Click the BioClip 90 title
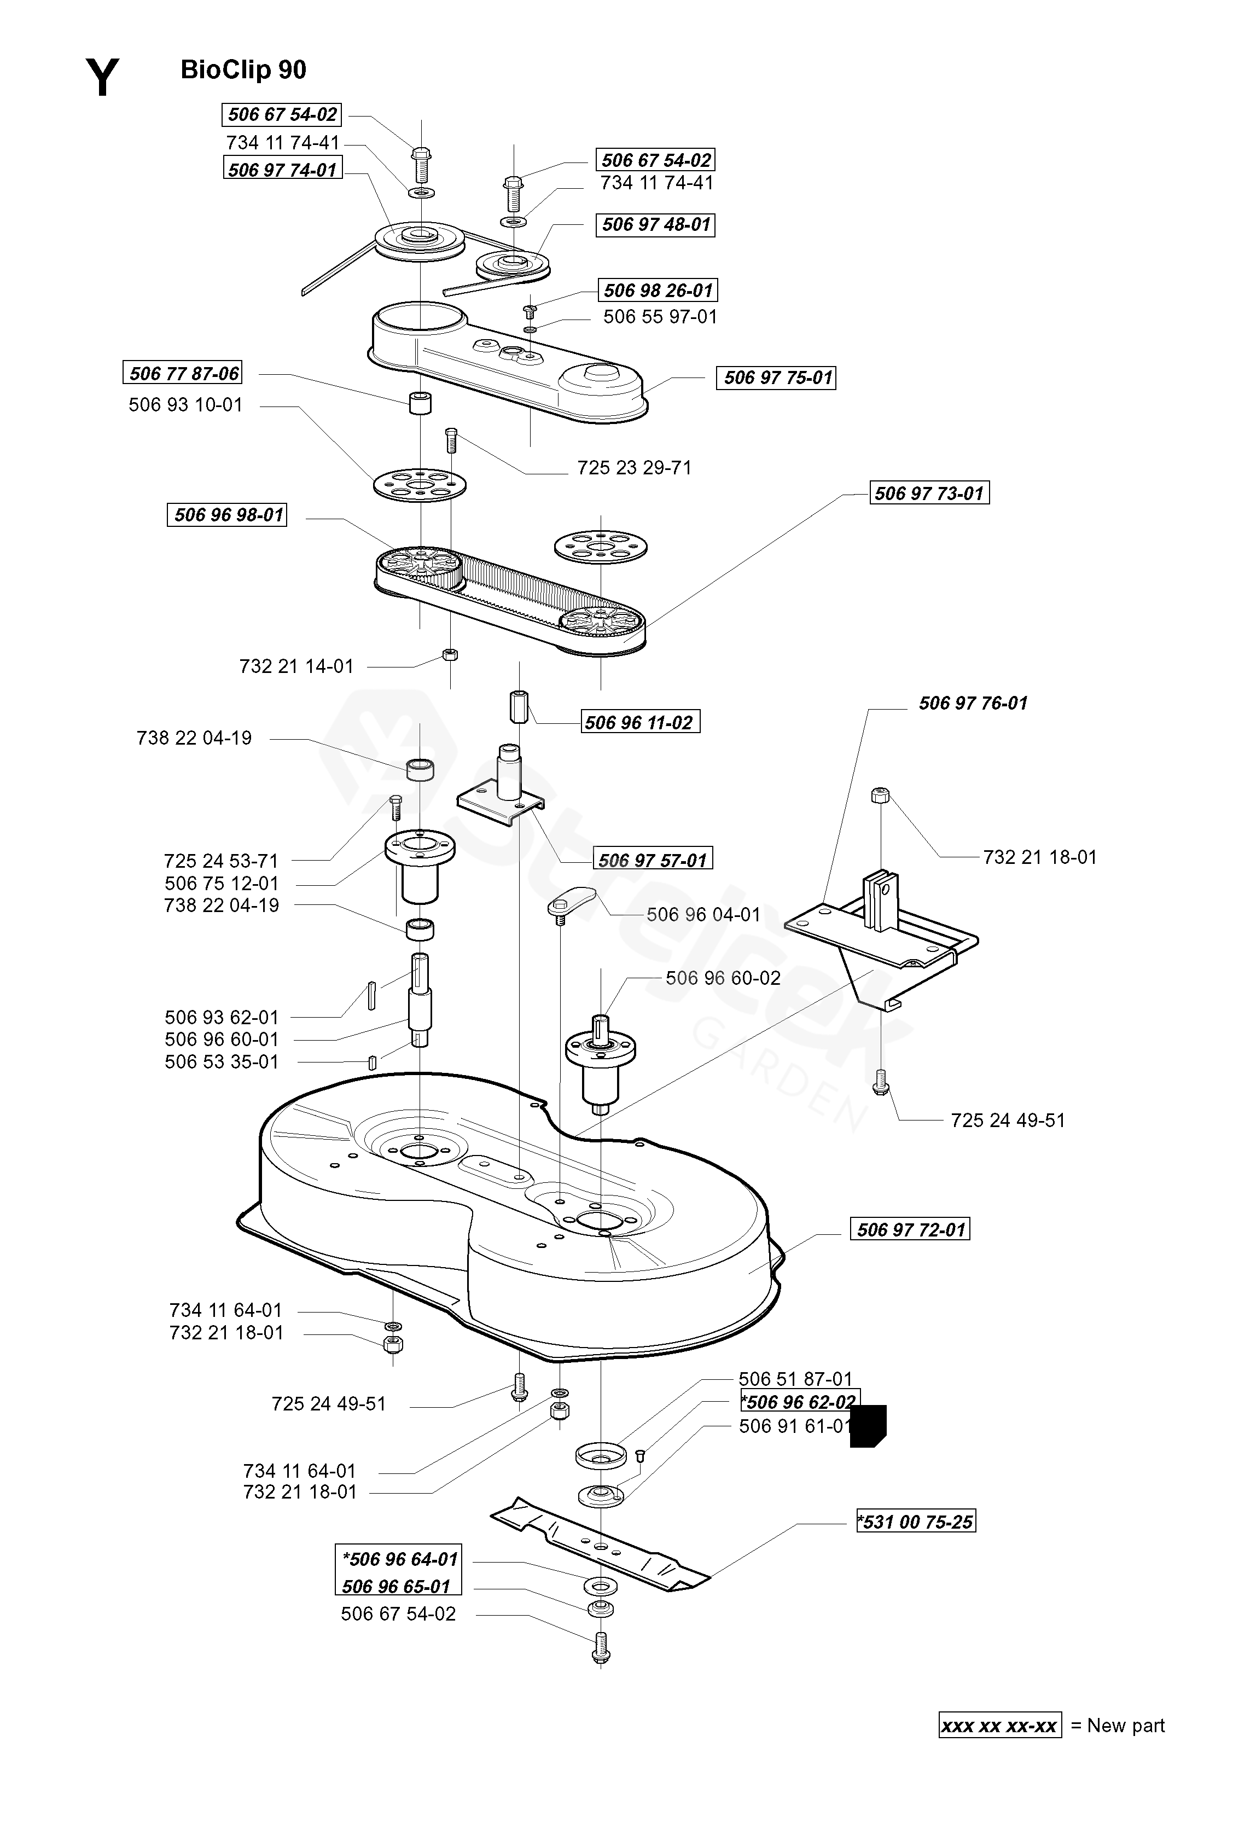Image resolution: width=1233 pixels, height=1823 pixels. click(x=243, y=70)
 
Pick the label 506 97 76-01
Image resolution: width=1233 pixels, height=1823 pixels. click(x=973, y=703)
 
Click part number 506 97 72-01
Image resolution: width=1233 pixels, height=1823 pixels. click(x=910, y=1229)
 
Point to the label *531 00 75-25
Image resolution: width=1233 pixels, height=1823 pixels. click(x=916, y=1522)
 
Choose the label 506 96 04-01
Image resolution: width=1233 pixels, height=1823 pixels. click(x=703, y=915)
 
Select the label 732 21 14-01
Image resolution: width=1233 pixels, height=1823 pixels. click(x=296, y=666)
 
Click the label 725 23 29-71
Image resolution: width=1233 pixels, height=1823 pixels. click(x=635, y=468)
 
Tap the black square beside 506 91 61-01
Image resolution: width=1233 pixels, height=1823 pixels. click(x=868, y=1425)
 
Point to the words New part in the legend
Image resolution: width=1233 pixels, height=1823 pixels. click(x=1126, y=1725)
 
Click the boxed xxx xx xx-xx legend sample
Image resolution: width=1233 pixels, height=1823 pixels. click(x=1000, y=1726)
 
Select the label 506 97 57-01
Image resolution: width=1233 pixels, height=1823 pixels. click(x=653, y=860)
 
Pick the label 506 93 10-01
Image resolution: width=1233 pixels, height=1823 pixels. click(x=186, y=405)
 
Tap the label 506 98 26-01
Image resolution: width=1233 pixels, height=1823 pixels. click(x=658, y=290)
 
